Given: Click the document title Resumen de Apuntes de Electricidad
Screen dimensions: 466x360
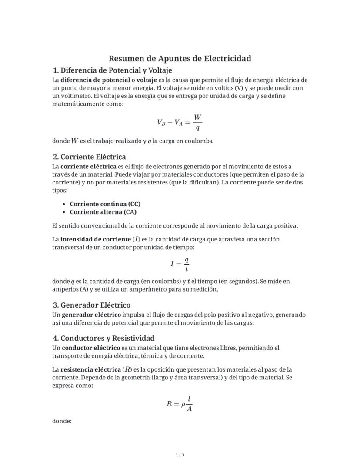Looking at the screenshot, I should tap(180, 58).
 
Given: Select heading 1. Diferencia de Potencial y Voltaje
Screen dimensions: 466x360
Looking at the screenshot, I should tap(112, 70).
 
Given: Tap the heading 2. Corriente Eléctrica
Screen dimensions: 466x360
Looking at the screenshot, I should tap(89, 157).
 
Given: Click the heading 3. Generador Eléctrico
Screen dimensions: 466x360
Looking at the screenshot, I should tap(91, 305).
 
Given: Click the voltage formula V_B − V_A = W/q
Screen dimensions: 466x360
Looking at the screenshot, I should tap(180, 122).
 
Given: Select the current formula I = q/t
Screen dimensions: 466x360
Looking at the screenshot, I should tap(180, 264).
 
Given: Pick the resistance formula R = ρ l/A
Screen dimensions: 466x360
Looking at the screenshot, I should tap(180, 404).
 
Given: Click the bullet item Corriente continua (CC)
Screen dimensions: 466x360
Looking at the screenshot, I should tap(105, 204).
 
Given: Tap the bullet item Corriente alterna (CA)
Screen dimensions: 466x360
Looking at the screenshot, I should tap(103, 212).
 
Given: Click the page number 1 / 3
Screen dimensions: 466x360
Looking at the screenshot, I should tap(180, 455).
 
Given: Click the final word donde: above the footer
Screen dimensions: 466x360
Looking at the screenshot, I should tap(61, 421).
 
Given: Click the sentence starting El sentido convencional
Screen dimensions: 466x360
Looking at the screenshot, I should tap(175, 225).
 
